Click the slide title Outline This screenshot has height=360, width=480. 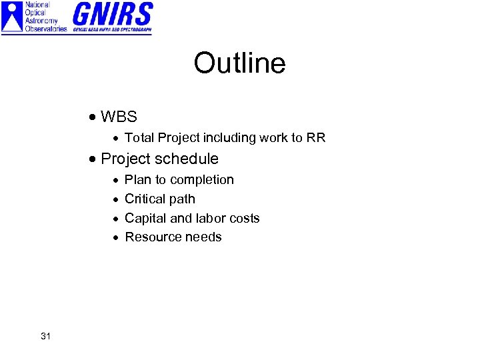coord(239,64)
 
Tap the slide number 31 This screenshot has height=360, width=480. coord(45,336)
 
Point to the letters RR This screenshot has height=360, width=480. coord(316,138)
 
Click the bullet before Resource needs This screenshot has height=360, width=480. coord(115,237)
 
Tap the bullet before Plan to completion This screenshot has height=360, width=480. coord(115,180)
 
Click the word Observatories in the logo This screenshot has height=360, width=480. coord(46,29)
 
